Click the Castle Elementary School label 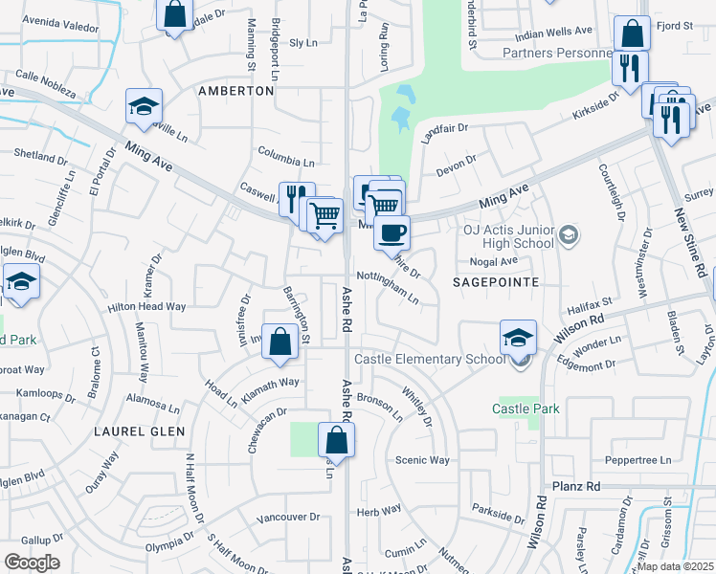pos(430,359)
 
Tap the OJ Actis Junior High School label pos(508,235)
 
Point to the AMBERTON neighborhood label pos(235,91)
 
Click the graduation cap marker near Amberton pos(144,107)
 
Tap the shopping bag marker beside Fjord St pos(632,34)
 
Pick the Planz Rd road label pos(576,487)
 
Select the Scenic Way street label pos(422,460)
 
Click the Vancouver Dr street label pos(288,518)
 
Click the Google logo pos(33,563)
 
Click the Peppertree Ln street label pos(639,460)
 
